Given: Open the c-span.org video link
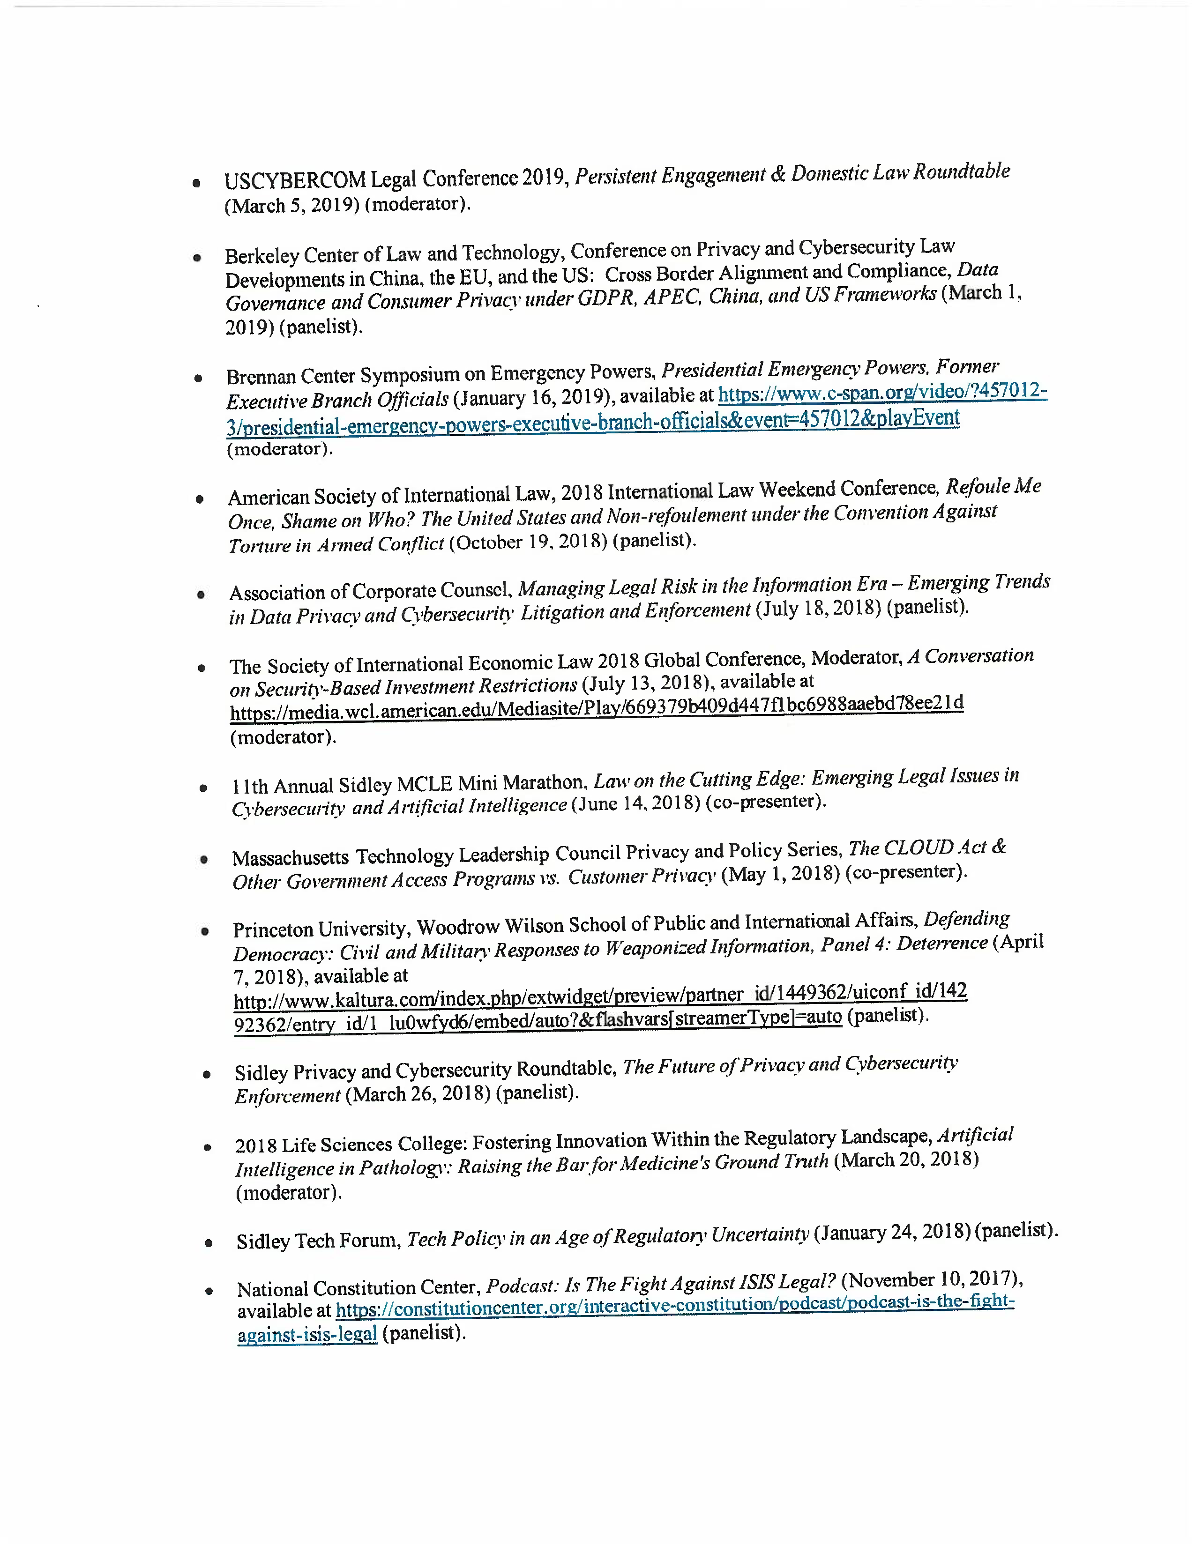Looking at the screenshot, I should (882, 392).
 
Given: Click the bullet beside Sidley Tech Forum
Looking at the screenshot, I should (208, 1242).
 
